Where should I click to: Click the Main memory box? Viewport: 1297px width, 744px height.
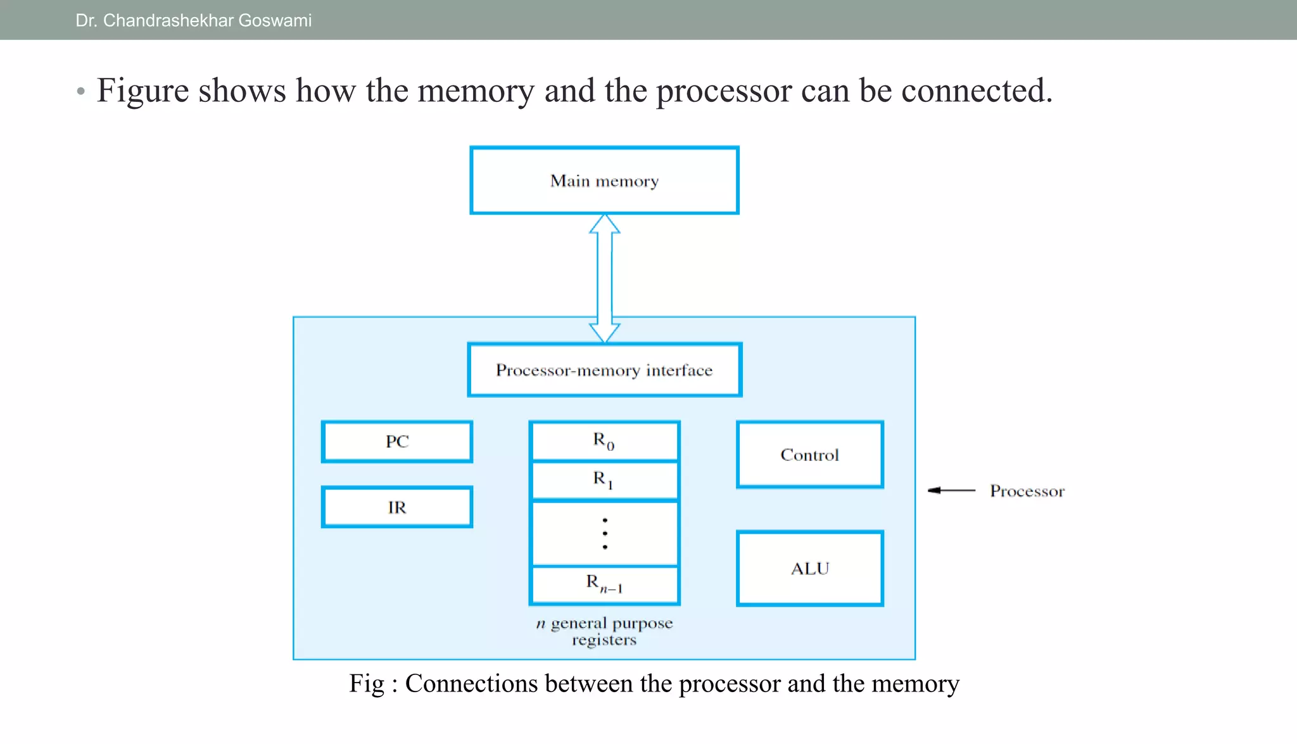604,180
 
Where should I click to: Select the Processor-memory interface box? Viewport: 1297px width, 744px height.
604,370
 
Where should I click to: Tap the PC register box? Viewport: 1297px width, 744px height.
397,441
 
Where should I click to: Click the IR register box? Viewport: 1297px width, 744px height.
397,507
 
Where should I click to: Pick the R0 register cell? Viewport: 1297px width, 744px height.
604,441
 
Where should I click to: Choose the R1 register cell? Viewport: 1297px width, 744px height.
604,481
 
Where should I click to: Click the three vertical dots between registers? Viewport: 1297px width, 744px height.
605,533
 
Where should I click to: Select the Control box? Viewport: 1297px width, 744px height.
809,455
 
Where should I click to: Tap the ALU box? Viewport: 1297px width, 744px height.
809,569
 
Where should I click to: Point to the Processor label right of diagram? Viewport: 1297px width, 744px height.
1027,491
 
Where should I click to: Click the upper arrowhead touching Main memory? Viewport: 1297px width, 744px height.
605,224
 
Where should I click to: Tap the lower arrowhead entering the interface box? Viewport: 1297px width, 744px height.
605,333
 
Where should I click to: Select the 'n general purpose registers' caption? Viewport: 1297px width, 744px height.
604,631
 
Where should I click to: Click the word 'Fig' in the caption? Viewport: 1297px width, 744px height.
367,684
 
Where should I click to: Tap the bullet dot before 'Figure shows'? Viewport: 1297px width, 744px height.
80,92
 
